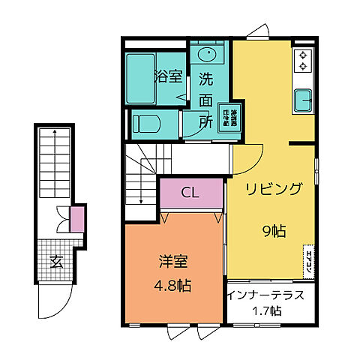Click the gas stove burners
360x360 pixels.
(x=304, y=60)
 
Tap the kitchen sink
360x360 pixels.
(x=304, y=99)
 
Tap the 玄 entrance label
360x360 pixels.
(x=55, y=262)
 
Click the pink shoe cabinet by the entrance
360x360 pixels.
(x=76, y=219)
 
